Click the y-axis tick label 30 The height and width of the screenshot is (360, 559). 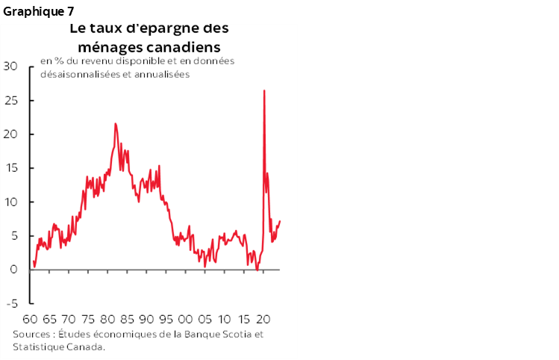[x=10, y=66]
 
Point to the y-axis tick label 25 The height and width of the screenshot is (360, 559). [x=10, y=100]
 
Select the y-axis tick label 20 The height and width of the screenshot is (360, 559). [x=10, y=134]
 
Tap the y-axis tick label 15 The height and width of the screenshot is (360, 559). [x=10, y=168]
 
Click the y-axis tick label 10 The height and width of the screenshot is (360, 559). [x=10, y=202]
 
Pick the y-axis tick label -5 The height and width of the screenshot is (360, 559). [x=11, y=304]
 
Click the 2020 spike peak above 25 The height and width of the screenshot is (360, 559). [x=264, y=91]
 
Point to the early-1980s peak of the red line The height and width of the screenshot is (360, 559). [x=115, y=124]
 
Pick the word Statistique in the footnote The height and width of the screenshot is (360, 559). [x=37, y=347]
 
